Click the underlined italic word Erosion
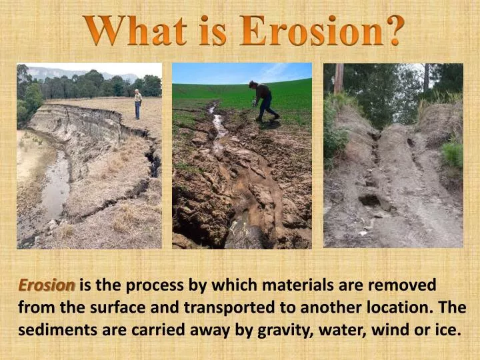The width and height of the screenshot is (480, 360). click(x=46, y=285)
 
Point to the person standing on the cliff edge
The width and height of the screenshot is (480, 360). click(x=138, y=104)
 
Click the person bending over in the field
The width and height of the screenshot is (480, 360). click(x=263, y=100)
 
